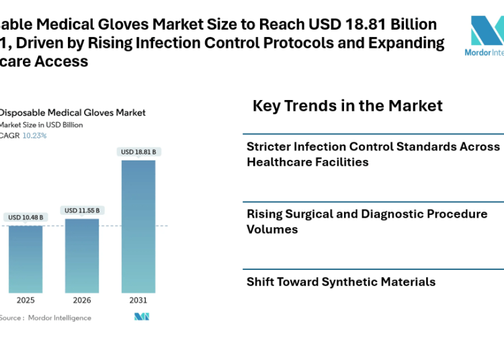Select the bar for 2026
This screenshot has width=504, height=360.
tap(82, 255)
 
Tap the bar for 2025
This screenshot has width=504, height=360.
tap(26, 259)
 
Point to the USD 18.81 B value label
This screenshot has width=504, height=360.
tap(138, 152)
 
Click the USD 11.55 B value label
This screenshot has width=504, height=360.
tap(82, 211)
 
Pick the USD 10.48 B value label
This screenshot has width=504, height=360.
tap(26, 218)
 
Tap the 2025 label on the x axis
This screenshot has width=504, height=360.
tap(26, 300)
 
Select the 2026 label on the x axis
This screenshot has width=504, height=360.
tap(82, 300)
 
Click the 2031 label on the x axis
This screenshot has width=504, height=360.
tap(138, 300)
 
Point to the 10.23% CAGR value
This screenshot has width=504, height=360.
tap(35, 136)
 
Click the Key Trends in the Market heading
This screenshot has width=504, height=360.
tap(347, 105)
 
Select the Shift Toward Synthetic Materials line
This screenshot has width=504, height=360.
tap(341, 282)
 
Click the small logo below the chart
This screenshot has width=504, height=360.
tap(142, 317)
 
